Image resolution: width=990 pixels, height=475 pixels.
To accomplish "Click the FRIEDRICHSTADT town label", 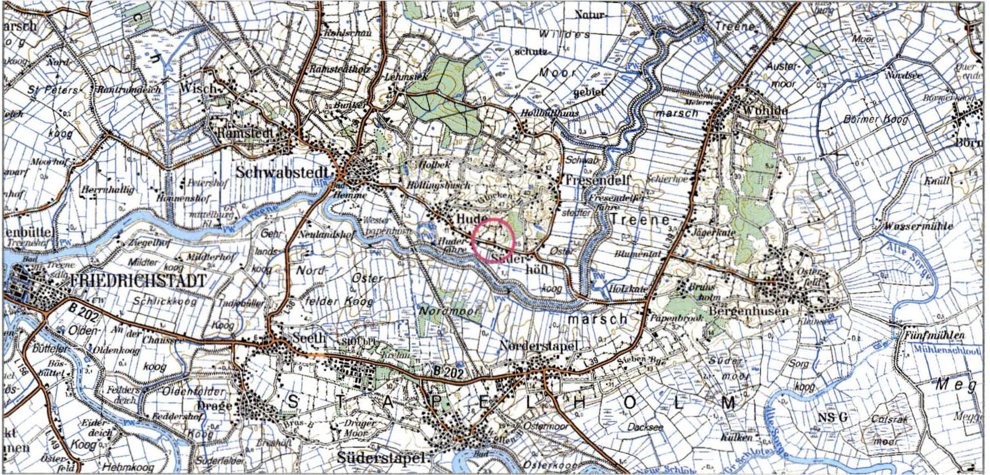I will point(137,281).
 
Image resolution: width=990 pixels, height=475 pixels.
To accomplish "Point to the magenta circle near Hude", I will point(493,240).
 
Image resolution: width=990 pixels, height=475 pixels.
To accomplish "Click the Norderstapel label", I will point(538,346).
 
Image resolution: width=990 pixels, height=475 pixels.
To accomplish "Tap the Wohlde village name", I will point(765,110).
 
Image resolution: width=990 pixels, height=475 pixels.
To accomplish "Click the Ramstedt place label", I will point(246,133).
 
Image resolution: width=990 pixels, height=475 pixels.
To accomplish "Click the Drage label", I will point(215,405).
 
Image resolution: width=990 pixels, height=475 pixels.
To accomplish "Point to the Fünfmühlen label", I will point(935,335).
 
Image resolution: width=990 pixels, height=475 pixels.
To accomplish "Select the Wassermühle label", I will point(918,226).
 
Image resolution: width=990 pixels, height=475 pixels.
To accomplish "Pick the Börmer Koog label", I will point(875,119).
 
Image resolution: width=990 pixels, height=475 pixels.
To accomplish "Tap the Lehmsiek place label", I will point(406,77).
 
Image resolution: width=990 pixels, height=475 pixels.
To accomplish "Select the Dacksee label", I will point(645,427).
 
